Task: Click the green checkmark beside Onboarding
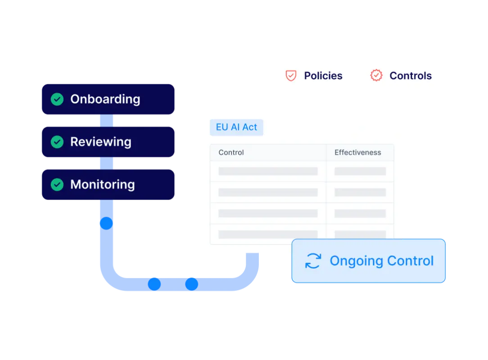pos(57,99)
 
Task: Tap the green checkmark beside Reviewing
pos(57,142)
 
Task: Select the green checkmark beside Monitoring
pos(57,184)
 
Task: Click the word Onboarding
pos(105,99)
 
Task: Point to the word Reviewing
pos(101,142)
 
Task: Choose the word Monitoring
pos(102,184)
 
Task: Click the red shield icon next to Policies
pos(291,76)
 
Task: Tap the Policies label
pos(323,76)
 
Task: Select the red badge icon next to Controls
pos(376,76)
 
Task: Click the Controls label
pos(410,76)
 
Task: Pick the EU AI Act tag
pos(236,128)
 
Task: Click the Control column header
pos(231,153)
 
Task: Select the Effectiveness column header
pos(357,153)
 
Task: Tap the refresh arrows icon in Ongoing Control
pos(313,261)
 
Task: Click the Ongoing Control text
pos(381,261)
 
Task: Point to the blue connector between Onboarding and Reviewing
pos(106,121)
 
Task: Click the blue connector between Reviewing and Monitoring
pos(106,163)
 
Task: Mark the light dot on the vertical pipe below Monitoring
pos(106,223)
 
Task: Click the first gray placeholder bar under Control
pos(268,171)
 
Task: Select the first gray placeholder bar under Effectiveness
pos(360,171)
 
